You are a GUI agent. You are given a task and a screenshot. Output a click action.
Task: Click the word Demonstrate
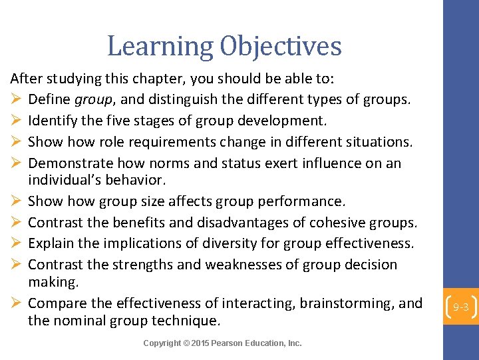click(x=71, y=163)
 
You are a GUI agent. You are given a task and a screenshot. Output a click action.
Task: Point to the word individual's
click(x=63, y=180)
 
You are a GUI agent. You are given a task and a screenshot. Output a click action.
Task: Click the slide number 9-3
click(x=461, y=307)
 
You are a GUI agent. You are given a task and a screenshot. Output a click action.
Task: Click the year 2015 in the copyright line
click(x=201, y=343)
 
